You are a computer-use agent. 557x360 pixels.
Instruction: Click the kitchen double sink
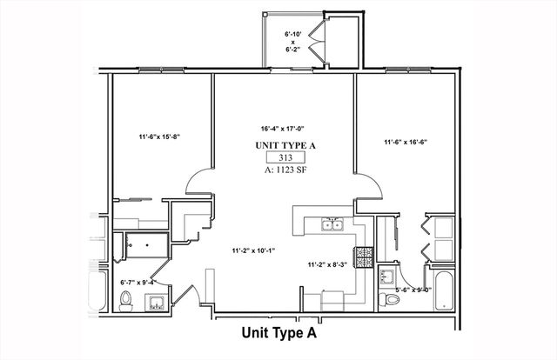332,226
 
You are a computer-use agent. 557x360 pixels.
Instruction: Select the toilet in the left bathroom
126,301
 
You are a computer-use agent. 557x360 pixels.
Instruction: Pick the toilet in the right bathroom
392,298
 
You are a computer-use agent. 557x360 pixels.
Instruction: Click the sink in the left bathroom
158,303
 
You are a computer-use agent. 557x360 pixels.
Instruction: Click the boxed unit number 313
285,157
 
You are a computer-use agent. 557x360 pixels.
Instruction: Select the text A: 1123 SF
285,170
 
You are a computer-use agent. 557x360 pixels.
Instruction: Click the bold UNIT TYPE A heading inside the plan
285,144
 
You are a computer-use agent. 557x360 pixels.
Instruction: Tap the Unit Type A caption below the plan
278,333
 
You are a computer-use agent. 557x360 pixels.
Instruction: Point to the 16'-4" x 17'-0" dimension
285,126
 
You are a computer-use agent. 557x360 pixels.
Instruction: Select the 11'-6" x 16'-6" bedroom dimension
406,142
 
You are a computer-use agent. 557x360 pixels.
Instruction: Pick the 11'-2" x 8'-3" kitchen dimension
327,264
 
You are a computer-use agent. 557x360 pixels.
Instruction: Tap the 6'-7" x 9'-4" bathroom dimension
138,282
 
